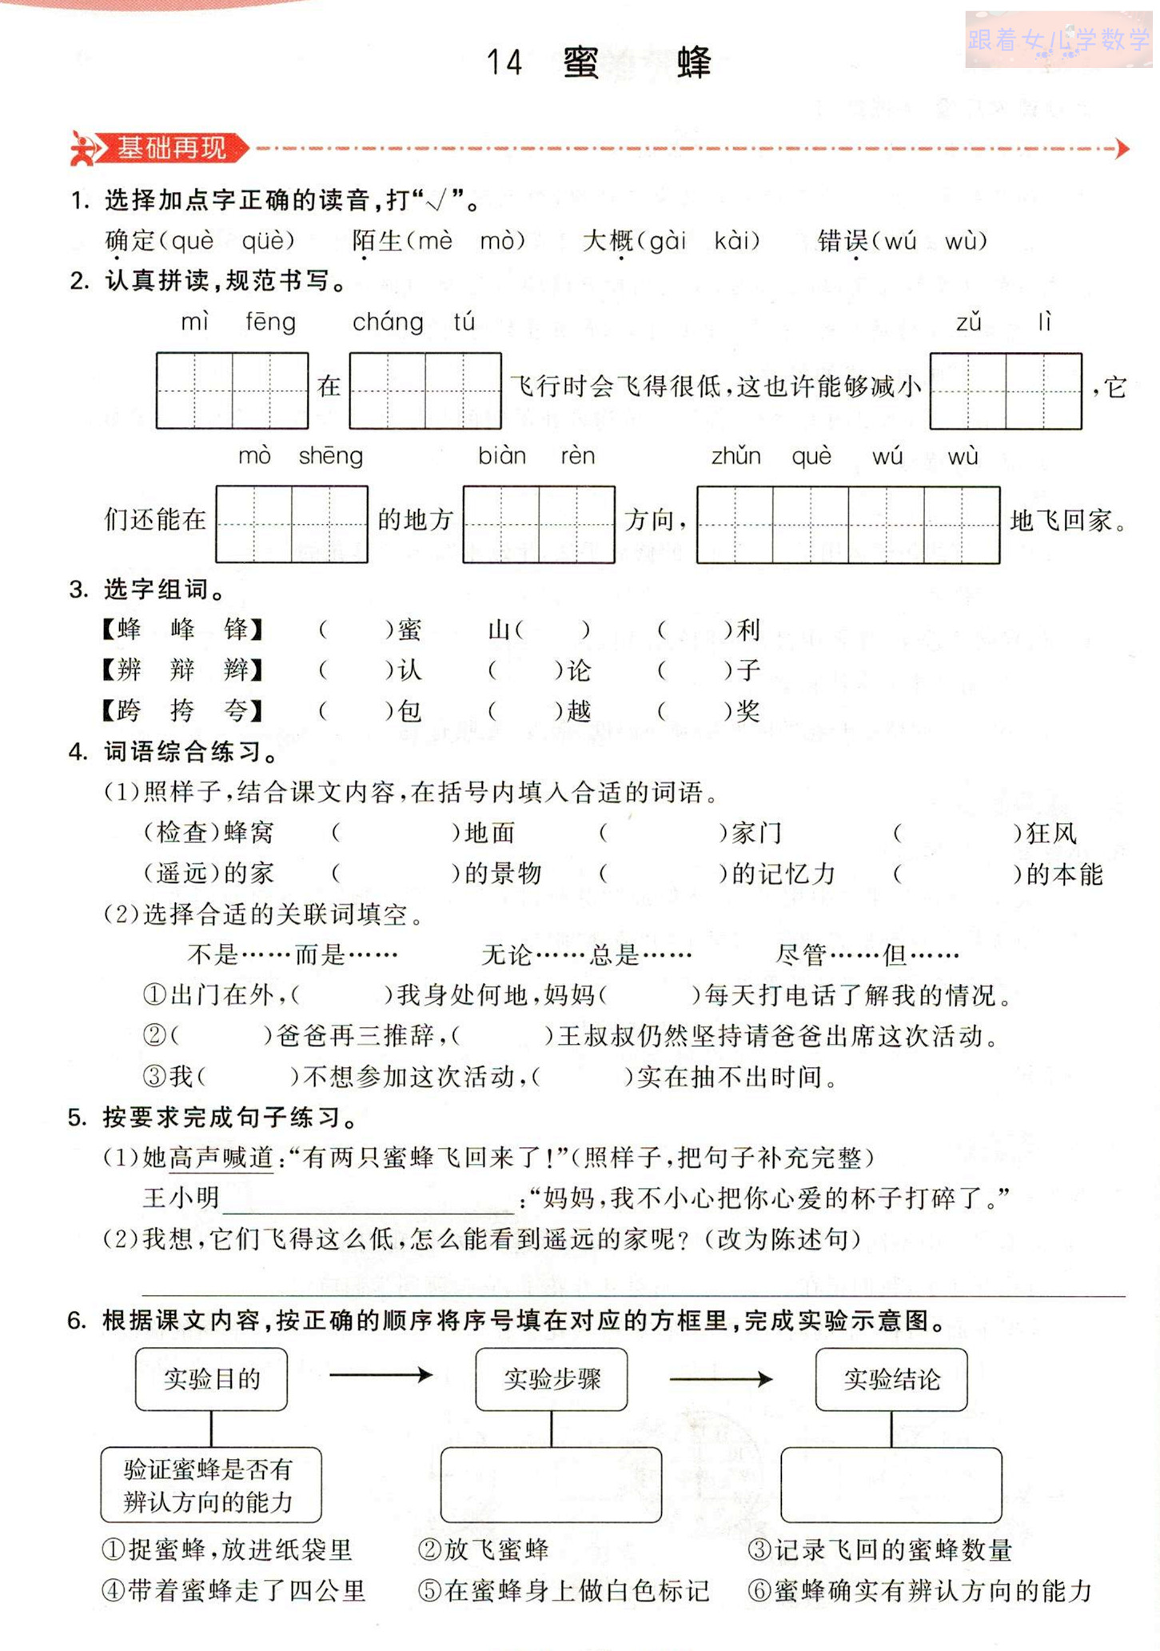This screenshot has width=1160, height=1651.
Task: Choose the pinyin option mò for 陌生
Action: click(501, 241)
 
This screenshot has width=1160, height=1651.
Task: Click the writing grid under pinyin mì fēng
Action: click(232, 390)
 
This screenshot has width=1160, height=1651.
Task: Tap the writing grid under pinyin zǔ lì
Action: click(1005, 390)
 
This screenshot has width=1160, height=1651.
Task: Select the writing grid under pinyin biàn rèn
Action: click(538, 524)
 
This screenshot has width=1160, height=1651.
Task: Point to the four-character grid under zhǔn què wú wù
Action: click(847, 524)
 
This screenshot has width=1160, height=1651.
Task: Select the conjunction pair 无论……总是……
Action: click(586, 954)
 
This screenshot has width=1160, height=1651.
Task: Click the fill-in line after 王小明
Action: click(368, 1199)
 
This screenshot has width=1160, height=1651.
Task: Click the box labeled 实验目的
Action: click(211, 1379)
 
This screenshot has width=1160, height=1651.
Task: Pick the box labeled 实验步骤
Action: click(551, 1379)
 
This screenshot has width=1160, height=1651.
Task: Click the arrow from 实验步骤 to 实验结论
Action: click(720, 1379)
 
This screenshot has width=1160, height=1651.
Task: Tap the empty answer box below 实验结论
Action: click(891, 1484)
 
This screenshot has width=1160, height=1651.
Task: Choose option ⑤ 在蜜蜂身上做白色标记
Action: click(564, 1591)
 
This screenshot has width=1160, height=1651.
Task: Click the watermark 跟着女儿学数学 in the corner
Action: click(1057, 39)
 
